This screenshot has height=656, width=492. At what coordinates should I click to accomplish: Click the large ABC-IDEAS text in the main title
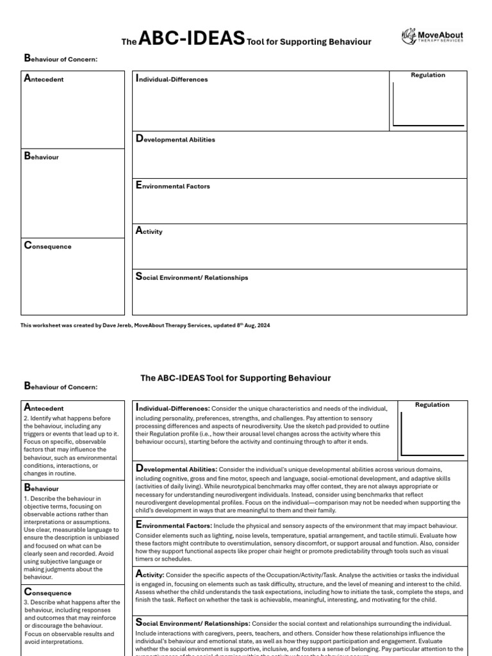pos(192,40)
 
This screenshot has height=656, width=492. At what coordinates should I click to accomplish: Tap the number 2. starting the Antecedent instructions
pos(27,418)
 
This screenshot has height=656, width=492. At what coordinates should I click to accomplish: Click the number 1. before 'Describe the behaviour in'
pos(27,498)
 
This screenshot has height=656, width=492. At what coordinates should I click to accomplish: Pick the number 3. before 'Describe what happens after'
pos(27,602)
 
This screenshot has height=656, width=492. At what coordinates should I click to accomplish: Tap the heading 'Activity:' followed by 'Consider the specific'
pos(151,575)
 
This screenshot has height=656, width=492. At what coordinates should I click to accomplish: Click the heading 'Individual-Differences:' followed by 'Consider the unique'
pos(172,408)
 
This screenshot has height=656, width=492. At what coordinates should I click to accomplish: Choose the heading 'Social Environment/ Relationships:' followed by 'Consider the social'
pos(192,623)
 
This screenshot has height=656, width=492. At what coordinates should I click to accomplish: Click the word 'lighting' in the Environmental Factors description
pos(228,534)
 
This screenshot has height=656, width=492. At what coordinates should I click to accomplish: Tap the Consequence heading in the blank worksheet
pos(47,246)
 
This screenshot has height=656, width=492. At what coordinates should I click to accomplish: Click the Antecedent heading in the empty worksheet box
pos(44,79)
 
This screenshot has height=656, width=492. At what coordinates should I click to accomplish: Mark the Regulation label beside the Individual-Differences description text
pos(432,405)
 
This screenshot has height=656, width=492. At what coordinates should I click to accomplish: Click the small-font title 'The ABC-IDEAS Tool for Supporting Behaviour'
pos(235,378)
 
